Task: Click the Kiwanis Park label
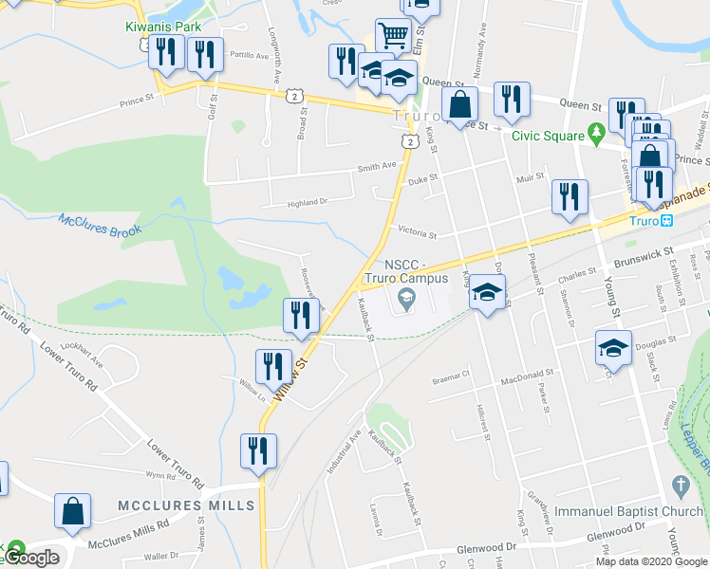(163, 27)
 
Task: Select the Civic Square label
(548, 135)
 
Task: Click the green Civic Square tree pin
(597, 131)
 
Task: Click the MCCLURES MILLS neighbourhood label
(186, 505)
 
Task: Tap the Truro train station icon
(667, 221)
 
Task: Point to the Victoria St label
(417, 232)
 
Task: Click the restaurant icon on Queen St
(512, 100)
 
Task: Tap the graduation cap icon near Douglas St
(613, 349)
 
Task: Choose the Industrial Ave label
(345, 449)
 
